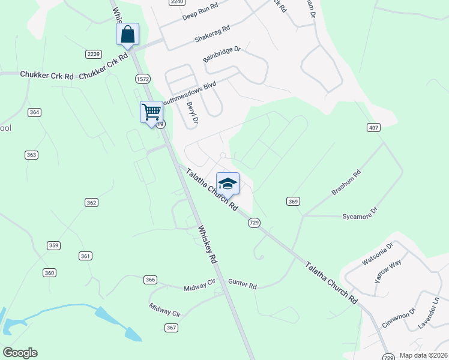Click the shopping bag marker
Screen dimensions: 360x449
click(x=127, y=34)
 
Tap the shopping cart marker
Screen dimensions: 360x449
click(x=151, y=112)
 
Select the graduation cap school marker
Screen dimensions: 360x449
click(x=228, y=184)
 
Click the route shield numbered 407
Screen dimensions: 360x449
click(x=373, y=127)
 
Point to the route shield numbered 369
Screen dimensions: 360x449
click(x=293, y=201)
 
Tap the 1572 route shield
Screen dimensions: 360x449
click(x=142, y=79)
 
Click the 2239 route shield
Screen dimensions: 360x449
click(x=93, y=54)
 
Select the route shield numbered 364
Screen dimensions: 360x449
click(x=34, y=112)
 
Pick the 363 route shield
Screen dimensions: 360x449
click(x=32, y=155)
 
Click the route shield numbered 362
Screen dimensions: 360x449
click(x=91, y=203)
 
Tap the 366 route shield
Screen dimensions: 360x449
click(x=150, y=280)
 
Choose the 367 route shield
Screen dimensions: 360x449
click(x=172, y=327)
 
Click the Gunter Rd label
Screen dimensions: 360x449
click(x=242, y=284)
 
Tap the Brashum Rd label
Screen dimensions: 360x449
click(x=346, y=183)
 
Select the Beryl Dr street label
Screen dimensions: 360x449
click(x=192, y=113)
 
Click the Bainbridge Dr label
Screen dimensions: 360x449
click(x=221, y=55)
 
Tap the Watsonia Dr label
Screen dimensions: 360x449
click(x=376, y=254)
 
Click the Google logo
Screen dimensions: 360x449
click(x=20, y=353)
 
